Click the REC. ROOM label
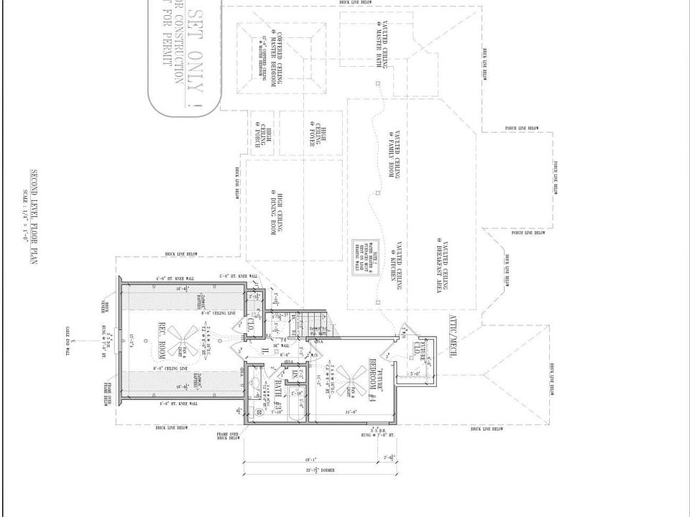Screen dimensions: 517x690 [x=164, y=342]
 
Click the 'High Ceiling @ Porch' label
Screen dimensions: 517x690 [x=259, y=134]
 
